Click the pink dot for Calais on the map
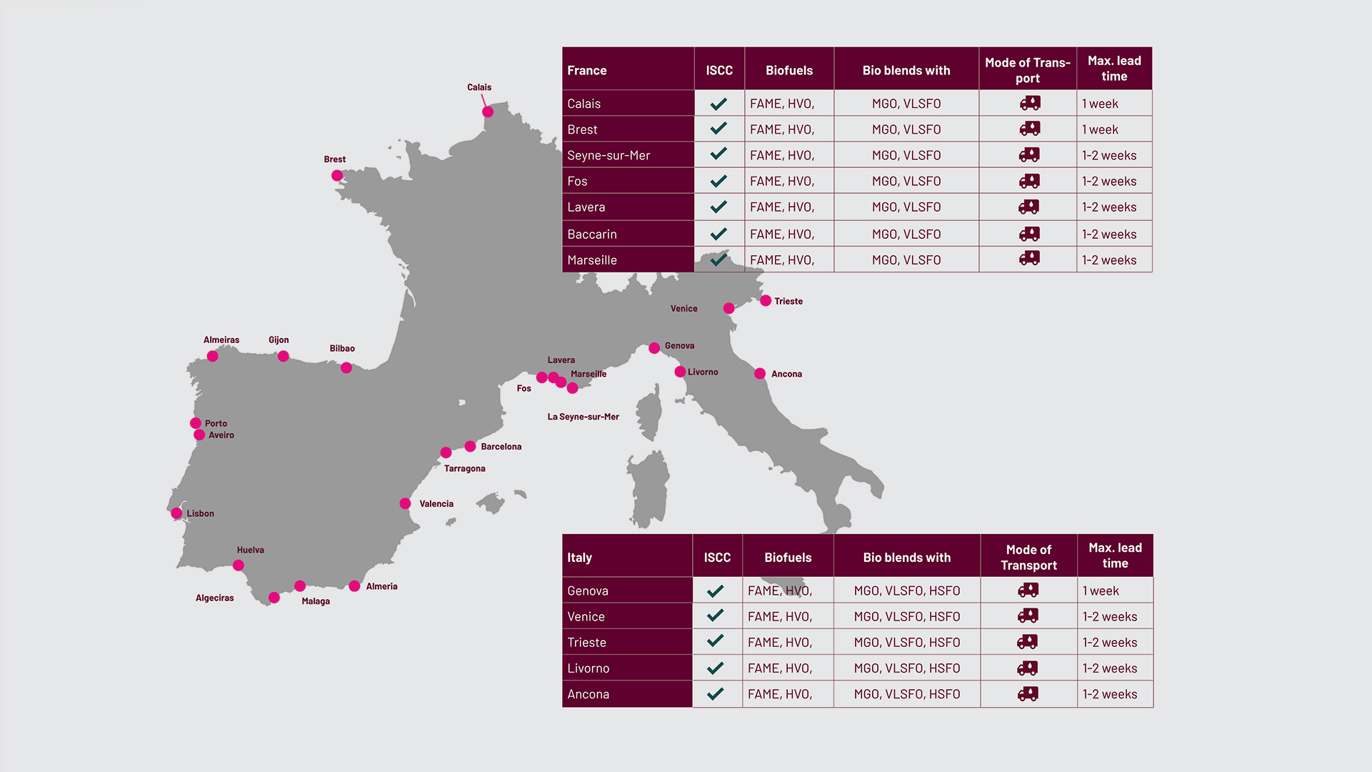point(488,112)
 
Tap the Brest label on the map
point(334,159)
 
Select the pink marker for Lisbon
point(176,513)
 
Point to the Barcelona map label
point(501,447)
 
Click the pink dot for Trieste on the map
point(766,301)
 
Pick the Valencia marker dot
point(405,504)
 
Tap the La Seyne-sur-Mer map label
point(583,417)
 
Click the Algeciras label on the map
point(214,598)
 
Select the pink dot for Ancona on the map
point(760,374)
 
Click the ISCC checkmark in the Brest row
point(718,129)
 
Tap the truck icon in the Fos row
point(1029,181)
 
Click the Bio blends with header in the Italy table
point(906,558)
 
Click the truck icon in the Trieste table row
point(1028,642)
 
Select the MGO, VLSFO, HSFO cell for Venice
point(906,617)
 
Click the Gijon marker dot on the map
point(284,356)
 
